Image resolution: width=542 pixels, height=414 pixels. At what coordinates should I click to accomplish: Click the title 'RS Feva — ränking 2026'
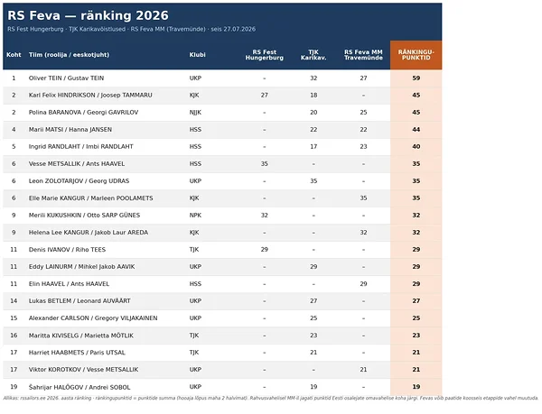[x=88, y=15]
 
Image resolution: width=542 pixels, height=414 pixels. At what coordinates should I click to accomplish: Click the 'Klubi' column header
[x=197, y=54]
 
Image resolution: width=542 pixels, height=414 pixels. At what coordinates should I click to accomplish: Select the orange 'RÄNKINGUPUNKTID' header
[x=416, y=55]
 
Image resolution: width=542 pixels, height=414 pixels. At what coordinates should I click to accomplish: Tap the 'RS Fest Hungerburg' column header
[x=265, y=55]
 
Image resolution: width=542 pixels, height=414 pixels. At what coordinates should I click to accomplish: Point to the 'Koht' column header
[x=14, y=54]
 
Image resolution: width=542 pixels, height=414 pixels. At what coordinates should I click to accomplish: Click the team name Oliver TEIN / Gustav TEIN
[x=66, y=78]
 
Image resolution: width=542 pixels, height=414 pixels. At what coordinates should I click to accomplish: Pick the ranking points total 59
[x=416, y=78]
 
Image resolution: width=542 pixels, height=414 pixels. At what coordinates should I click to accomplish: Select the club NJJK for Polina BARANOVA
[x=195, y=113]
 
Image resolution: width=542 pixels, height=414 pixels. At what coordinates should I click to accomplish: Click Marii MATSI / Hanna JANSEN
[x=70, y=130]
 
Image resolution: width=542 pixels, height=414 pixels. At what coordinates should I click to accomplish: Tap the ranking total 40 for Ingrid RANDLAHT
[x=416, y=147]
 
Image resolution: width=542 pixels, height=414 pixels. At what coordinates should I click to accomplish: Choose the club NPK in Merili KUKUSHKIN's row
[x=195, y=216]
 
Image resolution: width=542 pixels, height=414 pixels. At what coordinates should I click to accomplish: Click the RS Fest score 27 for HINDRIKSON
[x=265, y=96]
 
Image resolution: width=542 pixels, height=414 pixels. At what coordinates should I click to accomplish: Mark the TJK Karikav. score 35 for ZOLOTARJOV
[x=313, y=180]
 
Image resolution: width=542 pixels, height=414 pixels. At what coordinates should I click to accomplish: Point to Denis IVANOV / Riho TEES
[x=67, y=250]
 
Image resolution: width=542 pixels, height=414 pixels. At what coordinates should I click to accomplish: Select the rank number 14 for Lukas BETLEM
[x=14, y=301]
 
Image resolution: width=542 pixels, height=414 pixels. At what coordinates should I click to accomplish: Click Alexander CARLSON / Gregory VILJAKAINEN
[x=93, y=318]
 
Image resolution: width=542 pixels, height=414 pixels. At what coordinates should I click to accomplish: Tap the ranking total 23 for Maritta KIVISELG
[x=416, y=336]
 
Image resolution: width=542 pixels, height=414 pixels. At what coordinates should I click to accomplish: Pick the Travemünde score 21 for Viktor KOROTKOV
[x=363, y=370]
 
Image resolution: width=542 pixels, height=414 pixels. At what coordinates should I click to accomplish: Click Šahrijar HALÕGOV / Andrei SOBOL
[x=79, y=387]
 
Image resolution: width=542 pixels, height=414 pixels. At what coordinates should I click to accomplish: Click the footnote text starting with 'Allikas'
[x=271, y=398]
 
